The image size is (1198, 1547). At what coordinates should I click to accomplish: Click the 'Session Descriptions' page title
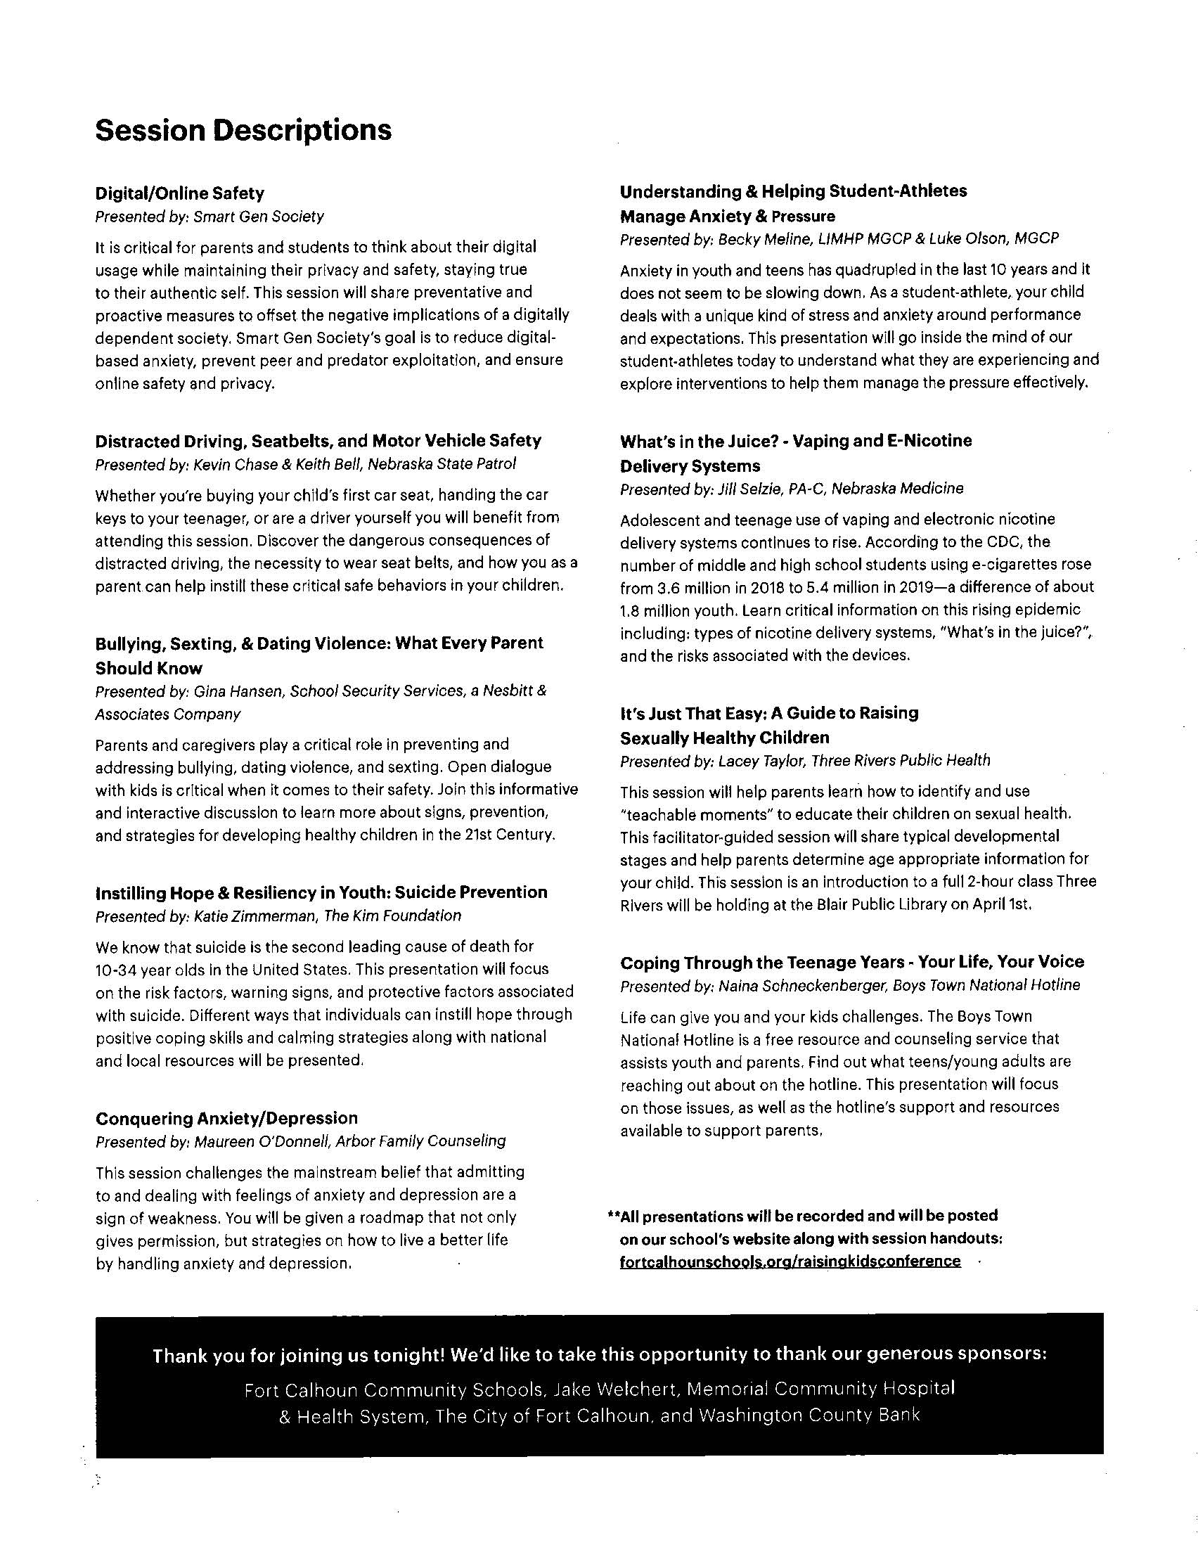tap(243, 130)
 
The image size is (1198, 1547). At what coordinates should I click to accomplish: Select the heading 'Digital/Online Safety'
tap(179, 193)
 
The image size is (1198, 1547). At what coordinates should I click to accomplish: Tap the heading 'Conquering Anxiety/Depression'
tap(226, 1118)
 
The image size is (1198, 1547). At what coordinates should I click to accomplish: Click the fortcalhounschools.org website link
tap(790, 1261)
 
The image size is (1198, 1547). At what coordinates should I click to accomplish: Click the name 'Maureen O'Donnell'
tap(262, 1141)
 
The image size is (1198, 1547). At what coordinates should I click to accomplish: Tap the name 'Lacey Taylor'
tap(761, 760)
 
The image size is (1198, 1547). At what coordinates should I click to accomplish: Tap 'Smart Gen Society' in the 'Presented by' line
tap(259, 217)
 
